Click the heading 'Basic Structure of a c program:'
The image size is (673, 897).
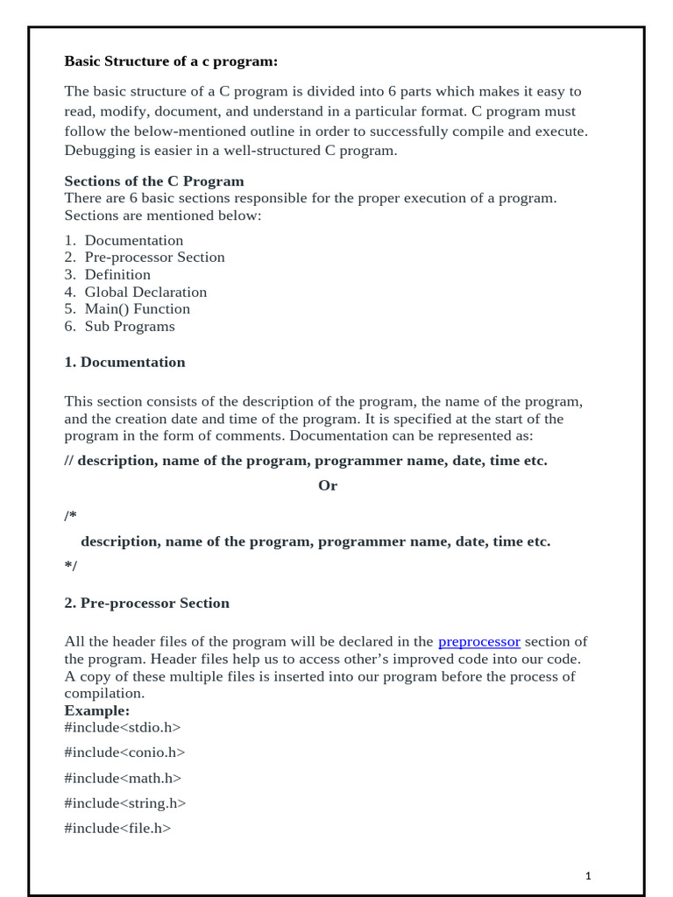[171, 61]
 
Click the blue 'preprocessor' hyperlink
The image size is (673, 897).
[478, 642]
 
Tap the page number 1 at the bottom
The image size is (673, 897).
[588, 875]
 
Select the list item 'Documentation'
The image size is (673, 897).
[133, 240]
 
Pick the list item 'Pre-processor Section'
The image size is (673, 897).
[154, 257]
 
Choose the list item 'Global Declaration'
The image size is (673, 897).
[145, 292]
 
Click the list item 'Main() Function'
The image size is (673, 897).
[137, 308]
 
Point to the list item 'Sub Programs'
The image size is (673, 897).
[130, 326]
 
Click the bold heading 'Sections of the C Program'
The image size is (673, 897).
[154, 181]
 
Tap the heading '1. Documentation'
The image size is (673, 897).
[124, 362]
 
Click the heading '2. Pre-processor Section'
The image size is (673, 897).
[146, 603]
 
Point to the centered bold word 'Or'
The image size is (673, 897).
[328, 485]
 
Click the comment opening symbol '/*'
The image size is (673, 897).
[70, 516]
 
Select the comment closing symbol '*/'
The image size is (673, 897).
[70, 566]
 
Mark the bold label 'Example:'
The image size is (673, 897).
[96, 710]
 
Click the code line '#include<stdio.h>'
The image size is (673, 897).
[122, 727]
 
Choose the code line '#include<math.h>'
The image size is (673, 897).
[123, 778]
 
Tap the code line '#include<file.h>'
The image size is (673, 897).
[117, 828]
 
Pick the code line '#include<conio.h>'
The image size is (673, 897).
[124, 752]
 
